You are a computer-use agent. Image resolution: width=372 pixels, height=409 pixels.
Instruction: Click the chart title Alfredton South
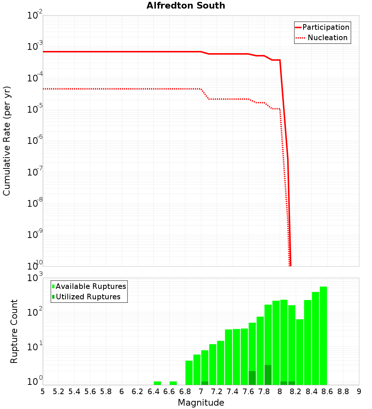click(186, 6)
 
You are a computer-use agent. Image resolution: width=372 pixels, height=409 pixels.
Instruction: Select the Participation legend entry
click(325, 27)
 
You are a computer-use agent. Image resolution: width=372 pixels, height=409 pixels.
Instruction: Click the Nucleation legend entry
click(327, 38)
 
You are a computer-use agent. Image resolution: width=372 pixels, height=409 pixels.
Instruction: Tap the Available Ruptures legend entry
click(91, 286)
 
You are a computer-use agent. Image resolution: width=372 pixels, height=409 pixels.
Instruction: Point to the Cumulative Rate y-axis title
click(7, 141)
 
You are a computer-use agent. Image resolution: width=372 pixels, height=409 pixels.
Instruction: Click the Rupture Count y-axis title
click(14, 331)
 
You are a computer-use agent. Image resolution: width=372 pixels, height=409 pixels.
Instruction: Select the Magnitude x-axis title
click(201, 403)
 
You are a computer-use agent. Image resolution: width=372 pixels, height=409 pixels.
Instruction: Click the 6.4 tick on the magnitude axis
click(154, 392)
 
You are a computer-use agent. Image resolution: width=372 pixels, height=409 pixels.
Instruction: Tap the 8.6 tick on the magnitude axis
click(327, 392)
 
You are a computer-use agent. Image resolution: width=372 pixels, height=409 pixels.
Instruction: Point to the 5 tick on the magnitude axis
click(43, 392)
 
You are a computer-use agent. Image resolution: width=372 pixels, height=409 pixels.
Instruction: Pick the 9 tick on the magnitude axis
click(359, 392)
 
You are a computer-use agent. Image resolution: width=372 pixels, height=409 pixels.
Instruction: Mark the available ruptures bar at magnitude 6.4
click(157, 383)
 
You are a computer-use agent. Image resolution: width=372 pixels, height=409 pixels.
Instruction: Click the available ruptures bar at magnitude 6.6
click(173, 383)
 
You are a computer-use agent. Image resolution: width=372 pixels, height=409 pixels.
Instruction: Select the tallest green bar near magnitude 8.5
click(323, 335)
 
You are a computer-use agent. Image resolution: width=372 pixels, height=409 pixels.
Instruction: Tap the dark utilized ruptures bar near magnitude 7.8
click(268, 375)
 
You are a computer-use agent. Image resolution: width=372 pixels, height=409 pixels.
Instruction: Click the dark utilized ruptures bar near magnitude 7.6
click(252, 378)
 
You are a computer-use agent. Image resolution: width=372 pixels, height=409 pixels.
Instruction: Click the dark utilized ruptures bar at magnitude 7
click(205, 383)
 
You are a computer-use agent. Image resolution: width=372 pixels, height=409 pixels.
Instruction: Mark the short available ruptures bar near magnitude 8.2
click(299, 351)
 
